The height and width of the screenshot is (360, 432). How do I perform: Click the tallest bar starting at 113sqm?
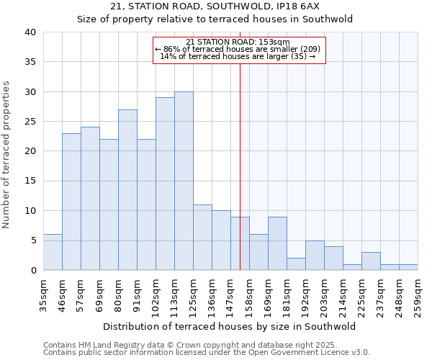pos(184,181)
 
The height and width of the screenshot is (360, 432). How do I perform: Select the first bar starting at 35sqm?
pos(53,252)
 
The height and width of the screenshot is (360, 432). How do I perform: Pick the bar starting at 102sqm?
pos(165,184)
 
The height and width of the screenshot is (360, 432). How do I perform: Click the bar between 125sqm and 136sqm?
pos(202,237)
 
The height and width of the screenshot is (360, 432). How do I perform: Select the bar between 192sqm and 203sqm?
pos(315,255)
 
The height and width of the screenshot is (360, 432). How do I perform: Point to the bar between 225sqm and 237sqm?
pos(371,261)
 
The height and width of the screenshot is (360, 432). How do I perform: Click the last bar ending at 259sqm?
pos(408,267)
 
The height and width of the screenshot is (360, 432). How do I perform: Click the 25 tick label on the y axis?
pos(30,122)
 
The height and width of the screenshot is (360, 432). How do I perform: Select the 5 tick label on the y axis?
pos(32,240)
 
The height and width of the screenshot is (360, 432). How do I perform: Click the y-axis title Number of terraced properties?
pos(7,154)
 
